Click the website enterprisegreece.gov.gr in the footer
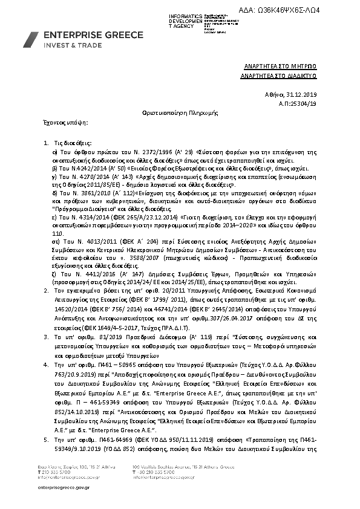(x=64, y=487)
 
